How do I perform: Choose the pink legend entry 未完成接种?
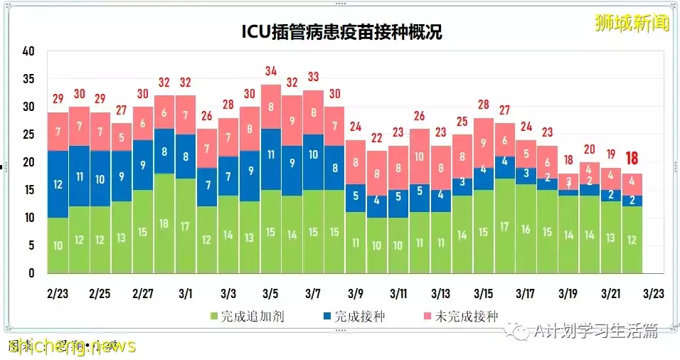(463, 317)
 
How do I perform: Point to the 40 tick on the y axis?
(28, 51)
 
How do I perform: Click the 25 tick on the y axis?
(28, 134)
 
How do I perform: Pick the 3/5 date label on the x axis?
(270, 293)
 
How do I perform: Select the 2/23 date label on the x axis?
(58, 293)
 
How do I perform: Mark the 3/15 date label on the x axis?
(483, 293)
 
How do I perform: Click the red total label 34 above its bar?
(270, 71)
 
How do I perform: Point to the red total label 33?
(313, 77)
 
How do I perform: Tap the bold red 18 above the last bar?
(632, 158)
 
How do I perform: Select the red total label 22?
(376, 137)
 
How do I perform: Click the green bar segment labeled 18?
(164, 223)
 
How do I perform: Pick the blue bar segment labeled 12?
(58, 184)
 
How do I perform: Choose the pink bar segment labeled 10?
(419, 157)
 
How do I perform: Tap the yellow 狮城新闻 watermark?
(632, 23)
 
